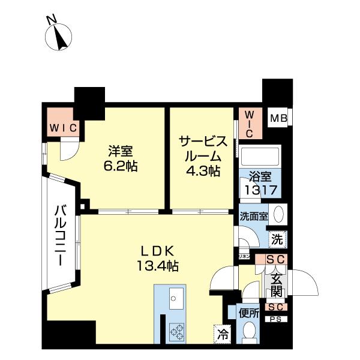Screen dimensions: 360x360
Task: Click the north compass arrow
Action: tap(59, 37)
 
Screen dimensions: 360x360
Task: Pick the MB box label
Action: tap(277, 118)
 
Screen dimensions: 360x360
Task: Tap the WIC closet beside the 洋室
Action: tap(62, 127)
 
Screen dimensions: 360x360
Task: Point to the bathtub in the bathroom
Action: tap(260, 158)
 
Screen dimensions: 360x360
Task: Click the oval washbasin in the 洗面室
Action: tap(278, 215)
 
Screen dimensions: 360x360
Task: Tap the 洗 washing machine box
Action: tap(277, 238)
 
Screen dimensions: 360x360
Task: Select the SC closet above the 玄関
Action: tap(275, 259)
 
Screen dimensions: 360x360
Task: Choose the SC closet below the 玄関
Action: tap(275, 307)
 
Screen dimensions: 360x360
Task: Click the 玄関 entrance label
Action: tap(276, 283)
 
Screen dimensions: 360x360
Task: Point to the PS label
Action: tap(275, 319)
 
